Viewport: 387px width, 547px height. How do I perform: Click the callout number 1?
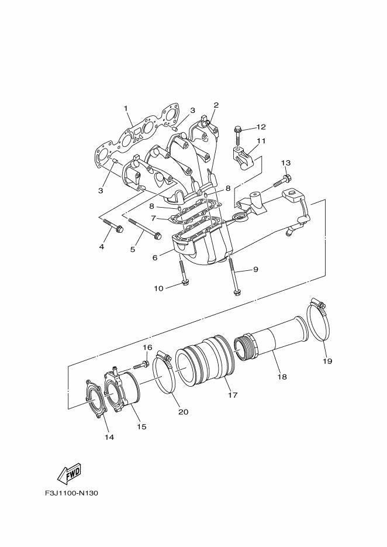pos(125,108)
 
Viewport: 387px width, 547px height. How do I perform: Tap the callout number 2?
pos(216,105)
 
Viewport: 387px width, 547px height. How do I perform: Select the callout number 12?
pos(261,127)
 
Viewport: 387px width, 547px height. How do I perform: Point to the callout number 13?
pos(285,163)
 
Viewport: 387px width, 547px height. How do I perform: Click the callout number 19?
pos(327,361)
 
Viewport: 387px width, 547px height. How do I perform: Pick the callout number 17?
pos(233,395)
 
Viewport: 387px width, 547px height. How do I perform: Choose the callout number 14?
pos(109,436)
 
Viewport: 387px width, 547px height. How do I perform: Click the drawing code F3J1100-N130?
pos(71,493)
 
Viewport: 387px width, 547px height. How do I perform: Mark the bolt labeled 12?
pos(239,133)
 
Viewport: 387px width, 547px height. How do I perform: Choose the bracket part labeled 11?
pos(244,157)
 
